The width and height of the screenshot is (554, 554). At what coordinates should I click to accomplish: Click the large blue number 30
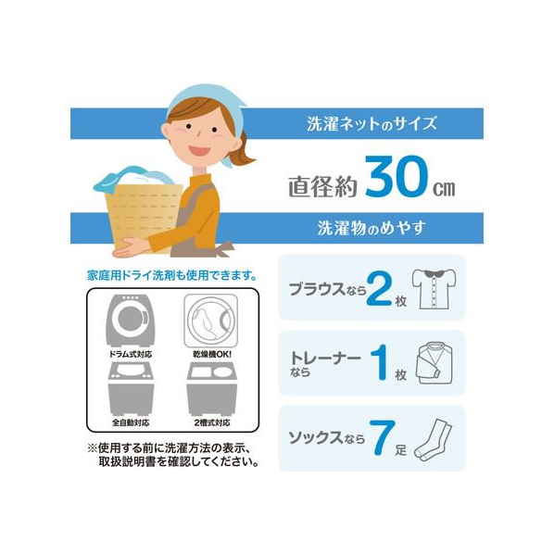click(x=397, y=176)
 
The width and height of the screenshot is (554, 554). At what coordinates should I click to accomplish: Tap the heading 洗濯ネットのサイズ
click(x=371, y=124)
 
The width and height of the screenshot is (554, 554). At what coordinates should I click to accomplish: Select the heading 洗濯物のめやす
click(x=371, y=228)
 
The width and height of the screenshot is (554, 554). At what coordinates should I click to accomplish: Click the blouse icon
click(x=434, y=289)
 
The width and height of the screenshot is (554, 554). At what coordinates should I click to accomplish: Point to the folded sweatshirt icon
click(x=434, y=363)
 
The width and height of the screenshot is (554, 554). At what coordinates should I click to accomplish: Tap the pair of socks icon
click(x=434, y=439)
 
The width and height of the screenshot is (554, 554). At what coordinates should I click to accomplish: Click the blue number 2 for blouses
click(x=379, y=289)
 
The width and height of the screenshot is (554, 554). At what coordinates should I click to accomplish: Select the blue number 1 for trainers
click(x=380, y=363)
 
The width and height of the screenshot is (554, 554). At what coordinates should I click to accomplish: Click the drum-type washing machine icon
click(x=130, y=321)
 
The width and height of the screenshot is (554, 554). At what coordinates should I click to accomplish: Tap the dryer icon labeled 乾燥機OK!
click(x=210, y=321)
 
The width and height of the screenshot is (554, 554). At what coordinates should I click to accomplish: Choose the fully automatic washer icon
click(x=131, y=389)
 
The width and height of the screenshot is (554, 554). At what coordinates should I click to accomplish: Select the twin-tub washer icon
click(x=211, y=389)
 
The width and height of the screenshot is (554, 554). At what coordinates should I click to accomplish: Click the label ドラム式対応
click(x=131, y=354)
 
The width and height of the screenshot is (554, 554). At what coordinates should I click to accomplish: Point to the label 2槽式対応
click(x=212, y=422)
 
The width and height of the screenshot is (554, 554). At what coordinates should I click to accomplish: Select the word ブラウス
click(x=317, y=289)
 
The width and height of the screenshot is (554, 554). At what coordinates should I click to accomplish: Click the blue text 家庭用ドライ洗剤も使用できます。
click(x=172, y=275)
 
